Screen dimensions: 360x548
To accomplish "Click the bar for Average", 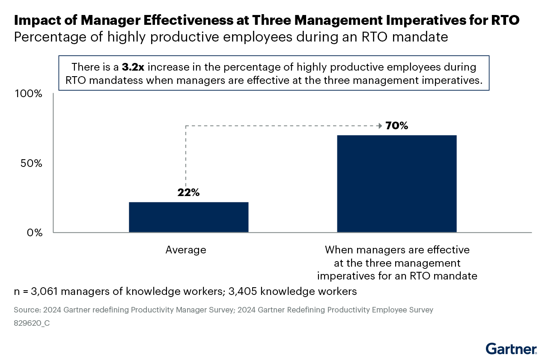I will coord(188,217).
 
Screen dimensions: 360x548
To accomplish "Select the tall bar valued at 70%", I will coord(397,184).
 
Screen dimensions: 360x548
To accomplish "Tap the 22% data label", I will coord(188,193).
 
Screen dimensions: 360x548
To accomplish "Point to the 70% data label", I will coord(397,126).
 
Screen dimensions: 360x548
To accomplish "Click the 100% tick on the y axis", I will coord(29,94).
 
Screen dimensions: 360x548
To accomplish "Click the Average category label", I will coord(186,250).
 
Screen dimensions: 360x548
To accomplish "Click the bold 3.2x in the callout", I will coord(133,67).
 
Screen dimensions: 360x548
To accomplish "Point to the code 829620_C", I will coord(32,323).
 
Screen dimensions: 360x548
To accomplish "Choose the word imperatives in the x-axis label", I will coord(345,276).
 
